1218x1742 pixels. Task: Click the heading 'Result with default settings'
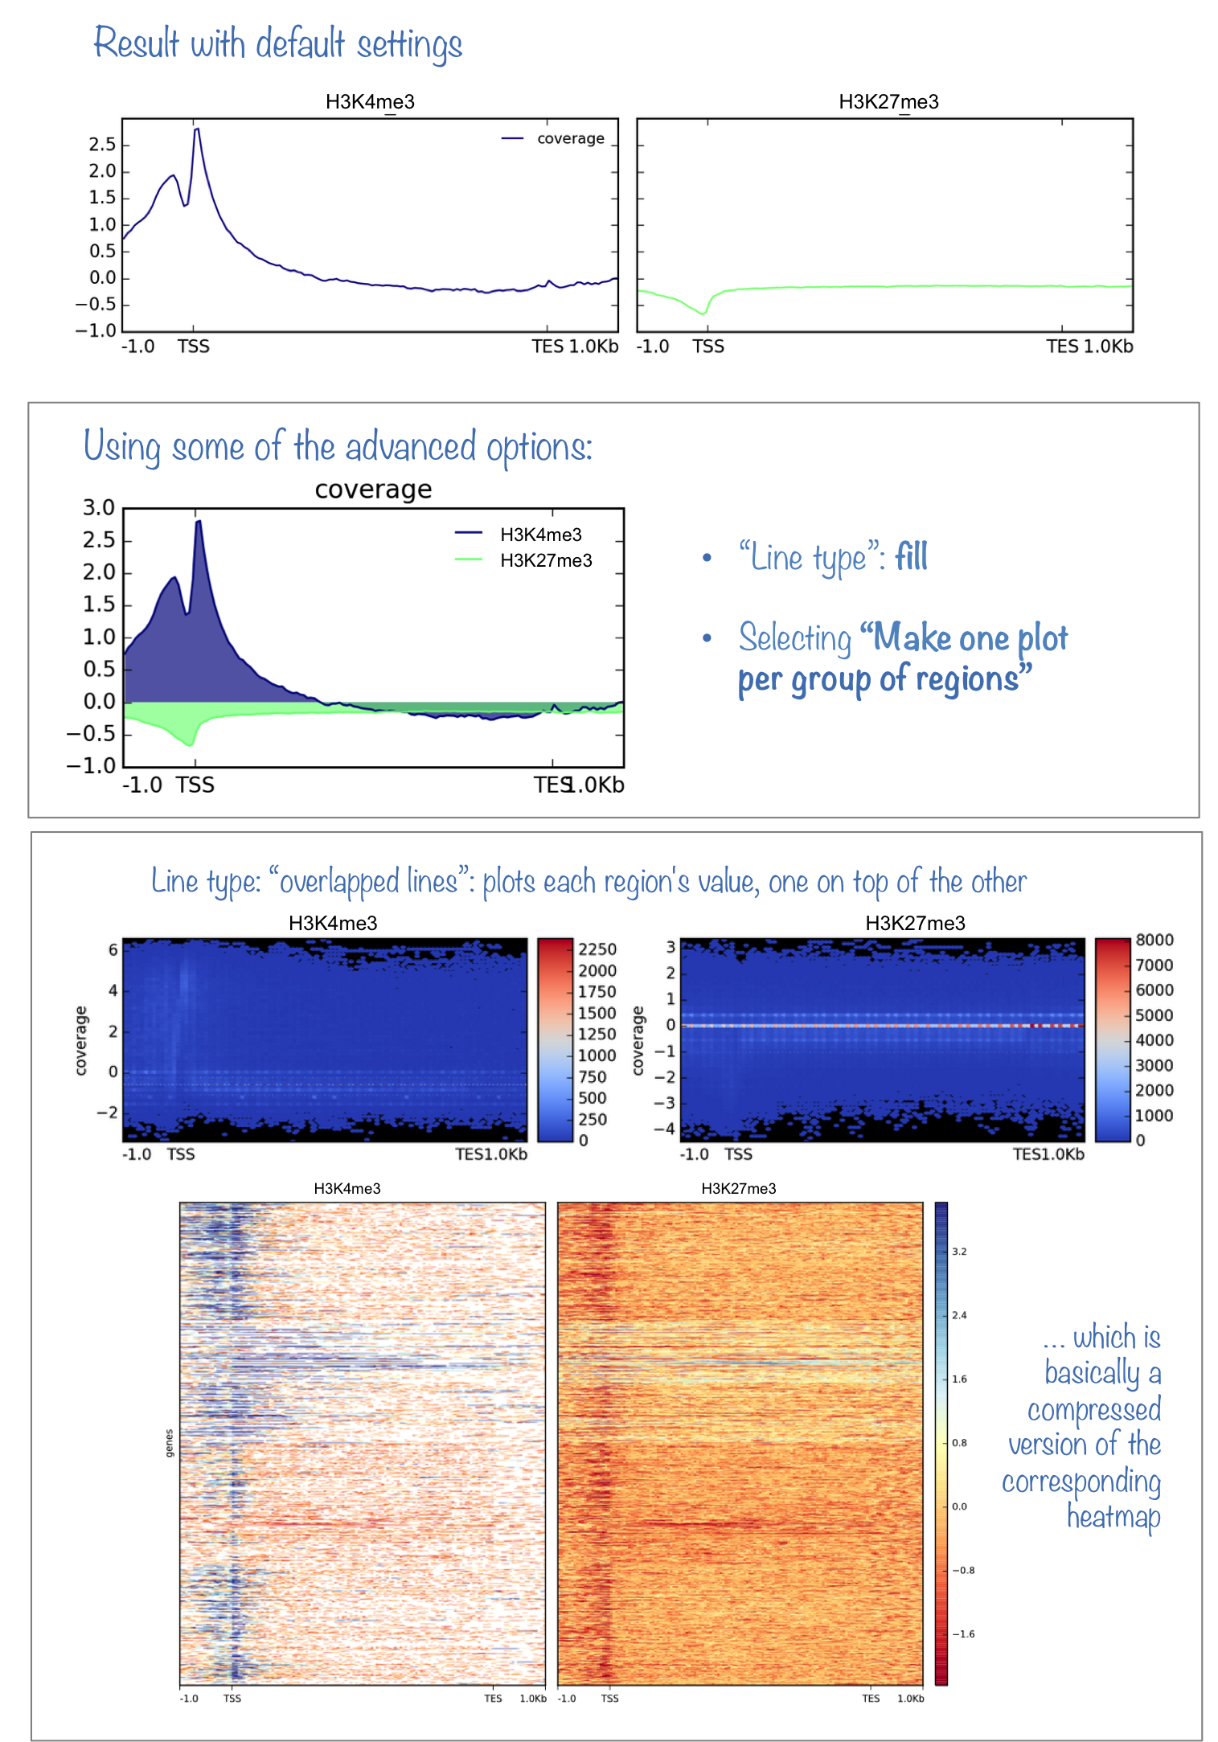click(277, 43)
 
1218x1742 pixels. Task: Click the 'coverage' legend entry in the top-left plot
click(570, 138)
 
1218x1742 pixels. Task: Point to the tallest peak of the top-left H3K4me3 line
click(196, 129)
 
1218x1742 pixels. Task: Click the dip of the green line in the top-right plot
click(703, 313)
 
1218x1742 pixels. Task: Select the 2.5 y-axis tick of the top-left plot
click(102, 145)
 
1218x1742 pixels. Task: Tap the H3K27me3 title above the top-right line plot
click(888, 102)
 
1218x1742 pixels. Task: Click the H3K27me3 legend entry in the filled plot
click(546, 560)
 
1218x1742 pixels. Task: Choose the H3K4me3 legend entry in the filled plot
click(540, 535)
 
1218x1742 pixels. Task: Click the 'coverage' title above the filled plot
click(373, 489)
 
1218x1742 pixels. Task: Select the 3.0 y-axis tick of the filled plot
click(99, 507)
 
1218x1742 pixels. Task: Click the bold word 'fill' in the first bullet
click(911, 556)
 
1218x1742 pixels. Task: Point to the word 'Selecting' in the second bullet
click(794, 638)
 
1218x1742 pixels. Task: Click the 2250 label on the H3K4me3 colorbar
click(597, 949)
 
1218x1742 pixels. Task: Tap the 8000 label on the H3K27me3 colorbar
click(1154, 940)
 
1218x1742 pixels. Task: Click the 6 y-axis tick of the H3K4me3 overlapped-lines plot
click(113, 949)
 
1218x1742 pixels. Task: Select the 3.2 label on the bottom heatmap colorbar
click(959, 1252)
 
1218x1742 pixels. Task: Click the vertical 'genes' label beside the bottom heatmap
click(169, 1443)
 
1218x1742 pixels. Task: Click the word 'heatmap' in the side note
click(1113, 1517)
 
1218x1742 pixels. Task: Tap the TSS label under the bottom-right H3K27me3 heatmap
click(609, 1699)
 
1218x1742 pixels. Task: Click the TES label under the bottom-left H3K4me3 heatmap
click(493, 1699)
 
